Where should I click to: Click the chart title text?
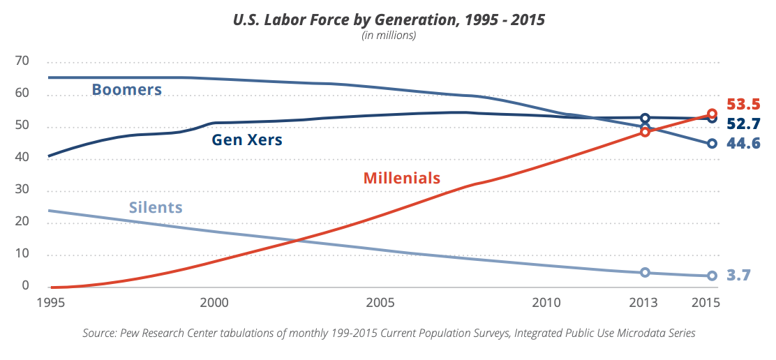tap(388, 20)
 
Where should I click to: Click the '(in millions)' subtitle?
tap(388, 36)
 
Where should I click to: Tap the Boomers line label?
tap(126, 90)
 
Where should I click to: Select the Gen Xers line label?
tap(246, 140)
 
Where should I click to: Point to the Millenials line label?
tap(402, 178)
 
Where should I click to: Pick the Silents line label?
tap(156, 207)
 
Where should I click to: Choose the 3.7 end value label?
tap(738, 275)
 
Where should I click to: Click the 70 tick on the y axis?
tap(22, 61)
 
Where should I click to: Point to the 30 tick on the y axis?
tap(22, 190)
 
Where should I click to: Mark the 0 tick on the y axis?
tap(25, 286)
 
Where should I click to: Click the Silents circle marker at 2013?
tap(645, 273)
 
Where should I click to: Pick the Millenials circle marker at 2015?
tap(712, 114)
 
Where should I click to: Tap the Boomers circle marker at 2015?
tap(712, 144)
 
